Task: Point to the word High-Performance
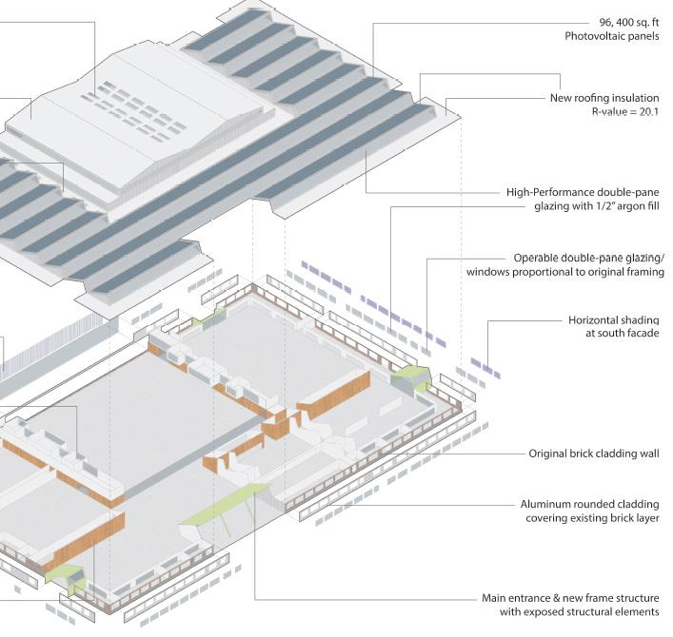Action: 551,190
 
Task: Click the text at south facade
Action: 624,334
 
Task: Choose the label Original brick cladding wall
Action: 594,454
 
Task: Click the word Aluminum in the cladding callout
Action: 544,504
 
